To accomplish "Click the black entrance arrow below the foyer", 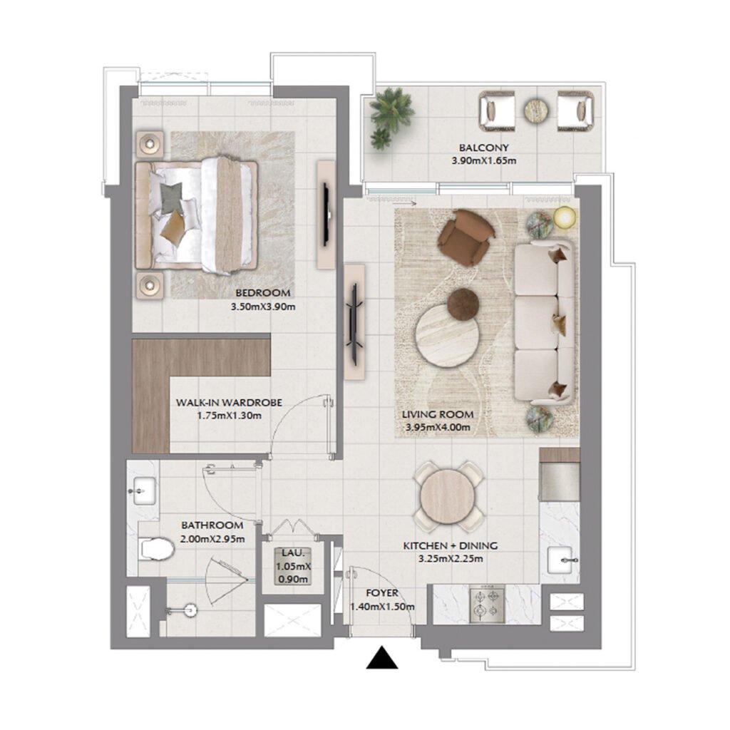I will click(382, 659).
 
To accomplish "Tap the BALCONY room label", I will click(483, 148).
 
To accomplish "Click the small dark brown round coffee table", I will click(463, 304).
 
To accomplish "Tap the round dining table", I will click(448, 497).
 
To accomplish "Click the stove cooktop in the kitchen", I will click(487, 604).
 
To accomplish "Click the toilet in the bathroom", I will click(156, 548).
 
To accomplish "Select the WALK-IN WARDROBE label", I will click(229, 403).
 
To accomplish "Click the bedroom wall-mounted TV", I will click(326, 214).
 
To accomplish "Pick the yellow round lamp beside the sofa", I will click(565, 217).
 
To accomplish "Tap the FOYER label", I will click(382, 593).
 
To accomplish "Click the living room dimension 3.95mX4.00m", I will click(438, 428).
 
